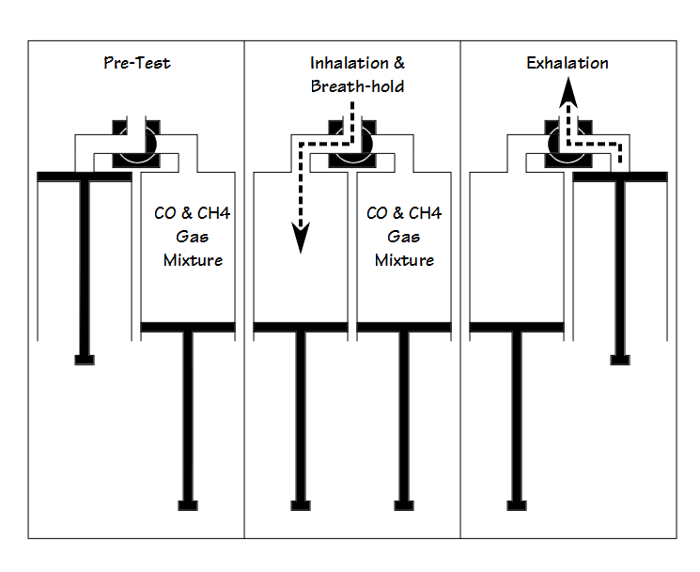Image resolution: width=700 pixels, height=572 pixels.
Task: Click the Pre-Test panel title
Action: click(136, 63)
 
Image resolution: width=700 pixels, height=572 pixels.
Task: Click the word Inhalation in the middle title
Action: click(350, 63)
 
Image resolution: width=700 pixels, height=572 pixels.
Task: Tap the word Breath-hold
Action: click(357, 86)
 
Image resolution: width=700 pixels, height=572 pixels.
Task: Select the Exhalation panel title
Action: click(567, 63)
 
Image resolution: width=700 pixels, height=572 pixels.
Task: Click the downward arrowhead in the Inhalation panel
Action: click(301, 238)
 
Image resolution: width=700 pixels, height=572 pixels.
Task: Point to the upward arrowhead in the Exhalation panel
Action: click(568, 92)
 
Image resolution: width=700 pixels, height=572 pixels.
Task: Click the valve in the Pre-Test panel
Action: click(136, 144)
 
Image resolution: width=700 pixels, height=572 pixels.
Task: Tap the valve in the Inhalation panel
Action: click(352, 144)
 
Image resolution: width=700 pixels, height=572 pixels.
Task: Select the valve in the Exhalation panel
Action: click(568, 144)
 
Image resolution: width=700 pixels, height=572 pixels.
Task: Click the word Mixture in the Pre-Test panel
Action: click(193, 260)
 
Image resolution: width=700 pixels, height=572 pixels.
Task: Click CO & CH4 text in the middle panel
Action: click(404, 213)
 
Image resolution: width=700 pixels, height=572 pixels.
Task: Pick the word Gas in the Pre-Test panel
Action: click(193, 237)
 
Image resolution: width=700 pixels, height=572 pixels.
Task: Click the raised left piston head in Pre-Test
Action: click(85, 177)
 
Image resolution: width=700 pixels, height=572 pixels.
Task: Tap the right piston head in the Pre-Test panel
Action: click(188, 327)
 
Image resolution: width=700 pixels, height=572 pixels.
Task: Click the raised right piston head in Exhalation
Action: click(620, 177)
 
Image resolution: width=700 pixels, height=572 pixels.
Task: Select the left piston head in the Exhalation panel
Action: click(517, 327)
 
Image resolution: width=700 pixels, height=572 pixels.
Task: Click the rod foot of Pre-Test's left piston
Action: click(85, 360)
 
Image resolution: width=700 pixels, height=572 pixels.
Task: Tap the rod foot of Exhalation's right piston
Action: click(620, 360)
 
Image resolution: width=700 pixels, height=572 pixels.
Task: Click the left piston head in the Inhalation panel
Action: click(301, 327)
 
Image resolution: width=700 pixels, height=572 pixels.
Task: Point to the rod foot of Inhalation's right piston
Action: click(404, 505)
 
